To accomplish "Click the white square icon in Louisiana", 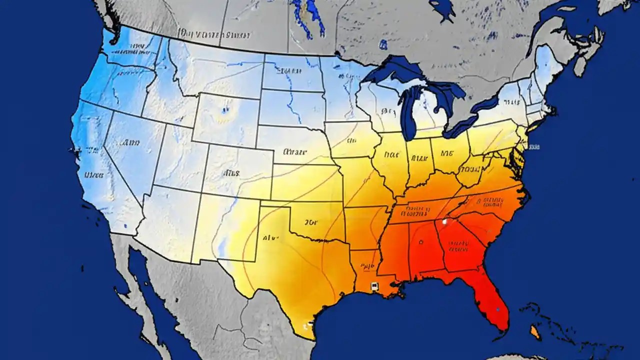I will [373, 286].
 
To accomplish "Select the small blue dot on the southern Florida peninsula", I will [498, 309].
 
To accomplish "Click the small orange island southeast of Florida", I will [535, 331].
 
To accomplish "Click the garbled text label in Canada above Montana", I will [215, 35].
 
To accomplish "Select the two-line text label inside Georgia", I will [459, 245].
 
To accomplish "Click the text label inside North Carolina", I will [490, 201].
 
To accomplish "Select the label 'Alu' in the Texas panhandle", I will [270, 238].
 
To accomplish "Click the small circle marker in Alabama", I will [421, 242].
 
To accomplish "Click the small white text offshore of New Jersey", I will [534, 147].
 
